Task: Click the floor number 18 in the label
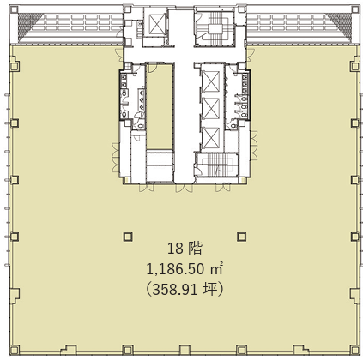pos(175,249)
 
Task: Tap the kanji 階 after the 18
pos(195,248)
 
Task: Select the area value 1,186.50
pos(175,269)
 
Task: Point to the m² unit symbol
pos(216,269)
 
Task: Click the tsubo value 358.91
pos(175,291)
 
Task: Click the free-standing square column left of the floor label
pos(128,237)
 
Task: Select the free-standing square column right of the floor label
pos(241,237)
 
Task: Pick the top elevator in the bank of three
pos(211,81)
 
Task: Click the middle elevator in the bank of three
pos(211,108)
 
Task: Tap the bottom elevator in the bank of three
pos(211,137)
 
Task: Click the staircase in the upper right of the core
pos(215,27)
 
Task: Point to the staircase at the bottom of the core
pos(216,165)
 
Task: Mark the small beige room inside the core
pos(160,107)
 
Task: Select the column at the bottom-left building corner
pos(15,350)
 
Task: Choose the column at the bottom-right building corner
pos(354,350)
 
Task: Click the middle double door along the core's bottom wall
pos(185,188)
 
